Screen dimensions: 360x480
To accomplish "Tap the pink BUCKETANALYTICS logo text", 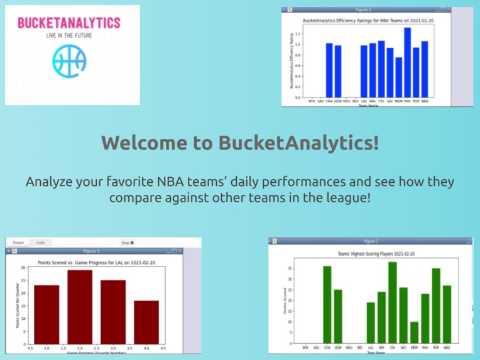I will [69, 23].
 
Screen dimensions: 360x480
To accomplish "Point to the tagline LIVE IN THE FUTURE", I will [69, 36].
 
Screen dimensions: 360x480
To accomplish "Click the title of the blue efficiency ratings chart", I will [368, 21].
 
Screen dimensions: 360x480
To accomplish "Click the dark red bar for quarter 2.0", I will [80, 307].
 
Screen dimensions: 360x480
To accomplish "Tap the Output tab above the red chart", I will [18, 242].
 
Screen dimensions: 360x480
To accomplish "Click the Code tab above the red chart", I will [40, 242].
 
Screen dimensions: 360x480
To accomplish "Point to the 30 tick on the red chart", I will [23, 268].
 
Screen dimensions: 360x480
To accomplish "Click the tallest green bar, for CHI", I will [392, 302].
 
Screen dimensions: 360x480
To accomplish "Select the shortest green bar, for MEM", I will [414, 332].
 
